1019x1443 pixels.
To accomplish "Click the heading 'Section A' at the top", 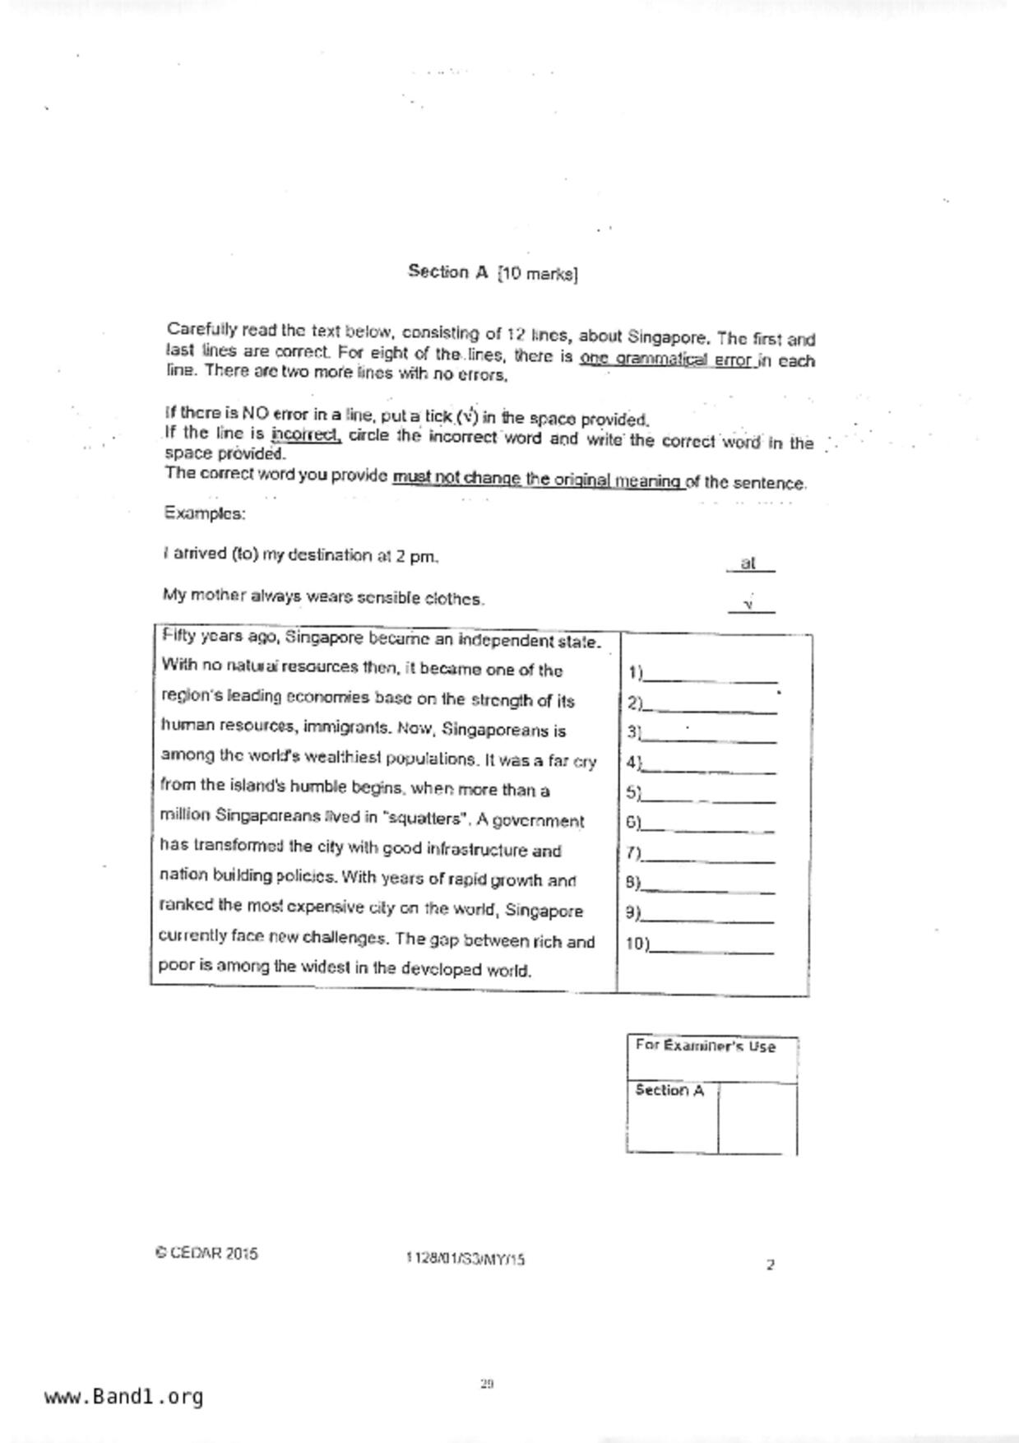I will pyautogui.click(x=448, y=271).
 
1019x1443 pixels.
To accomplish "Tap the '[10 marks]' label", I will pyautogui.click(x=537, y=274).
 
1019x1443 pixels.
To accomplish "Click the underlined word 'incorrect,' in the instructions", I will pyautogui.click(x=305, y=434).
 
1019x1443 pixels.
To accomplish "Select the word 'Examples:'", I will pyautogui.click(x=204, y=513).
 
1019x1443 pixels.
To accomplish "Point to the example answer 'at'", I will pyautogui.click(x=748, y=564).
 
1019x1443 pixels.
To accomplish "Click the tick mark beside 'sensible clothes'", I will pyautogui.click(x=749, y=606).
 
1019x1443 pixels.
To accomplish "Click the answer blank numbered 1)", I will pyautogui.click(x=711, y=675).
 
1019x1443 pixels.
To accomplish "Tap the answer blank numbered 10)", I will pyautogui.click(x=712, y=945).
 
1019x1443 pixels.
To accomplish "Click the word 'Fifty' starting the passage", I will pyautogui.click(x=179, y=636).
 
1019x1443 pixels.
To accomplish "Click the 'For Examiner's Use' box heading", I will pyautogui.click(x=706, y=1046).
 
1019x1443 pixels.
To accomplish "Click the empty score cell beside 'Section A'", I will pyautogui.click(x=757, y=1118).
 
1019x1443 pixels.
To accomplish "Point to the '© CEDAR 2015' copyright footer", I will pyautogui.click(x=206, y=1254).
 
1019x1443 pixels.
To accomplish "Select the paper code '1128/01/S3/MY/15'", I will pyautogui.click(x=465, y=1259).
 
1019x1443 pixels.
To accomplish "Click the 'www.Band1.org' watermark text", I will pyautogui.click(x=123, y=1397).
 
